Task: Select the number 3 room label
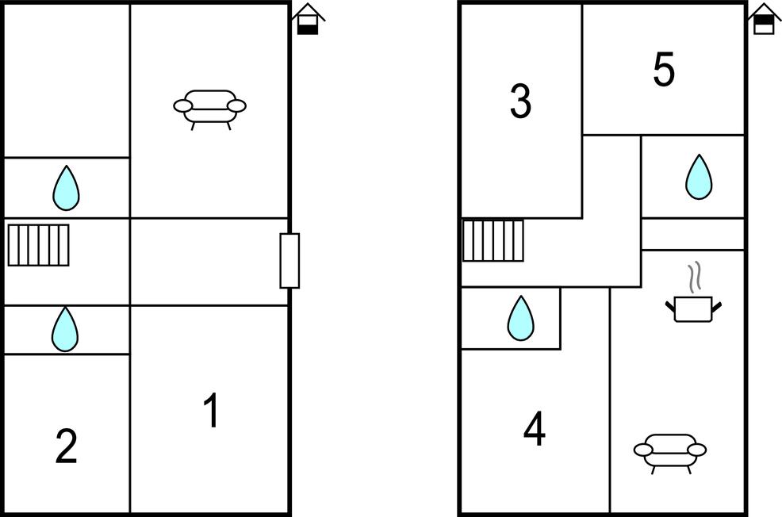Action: [520, 101]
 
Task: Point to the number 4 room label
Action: [534, 428]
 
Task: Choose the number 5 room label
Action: [664, 69]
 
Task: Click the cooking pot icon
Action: [693, 308]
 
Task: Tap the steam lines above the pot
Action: [695, 277]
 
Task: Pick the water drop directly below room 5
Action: [699, 177]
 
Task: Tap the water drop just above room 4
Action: [520, 318]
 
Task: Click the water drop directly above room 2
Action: [65, 329]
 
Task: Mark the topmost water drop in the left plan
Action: [66, 188]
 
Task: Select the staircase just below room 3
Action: [493, 240]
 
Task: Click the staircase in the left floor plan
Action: [38, 245]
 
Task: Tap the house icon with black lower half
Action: [308, 20]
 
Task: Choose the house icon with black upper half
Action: [764, 19]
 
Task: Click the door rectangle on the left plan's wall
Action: [289, 261]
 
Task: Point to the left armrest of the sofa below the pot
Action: [643, 450]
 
